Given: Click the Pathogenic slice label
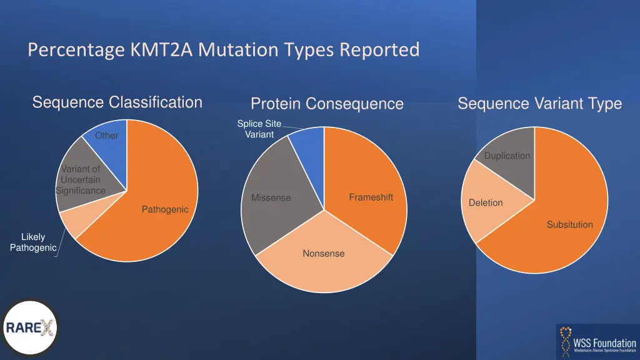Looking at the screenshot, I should [165, 209].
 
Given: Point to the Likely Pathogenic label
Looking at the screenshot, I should [33, 242].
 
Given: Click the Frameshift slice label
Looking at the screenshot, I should [371, 197].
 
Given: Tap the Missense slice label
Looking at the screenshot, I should [271, 198].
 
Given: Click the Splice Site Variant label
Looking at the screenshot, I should [259, 129].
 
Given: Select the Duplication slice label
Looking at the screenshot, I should [507, 156].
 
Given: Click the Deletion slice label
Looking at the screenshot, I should [486, 202].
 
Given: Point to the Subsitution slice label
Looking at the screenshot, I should [569, 224].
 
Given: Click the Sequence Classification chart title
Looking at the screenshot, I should [117, 102].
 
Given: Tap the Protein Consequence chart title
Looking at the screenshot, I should [327, 104].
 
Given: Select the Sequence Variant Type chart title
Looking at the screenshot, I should [539, 104].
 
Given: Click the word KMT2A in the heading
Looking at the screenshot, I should [162, 49].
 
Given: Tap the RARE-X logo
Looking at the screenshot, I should [30, 327].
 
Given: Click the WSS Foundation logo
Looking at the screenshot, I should [597, 341].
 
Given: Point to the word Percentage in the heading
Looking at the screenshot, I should [76, 49].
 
